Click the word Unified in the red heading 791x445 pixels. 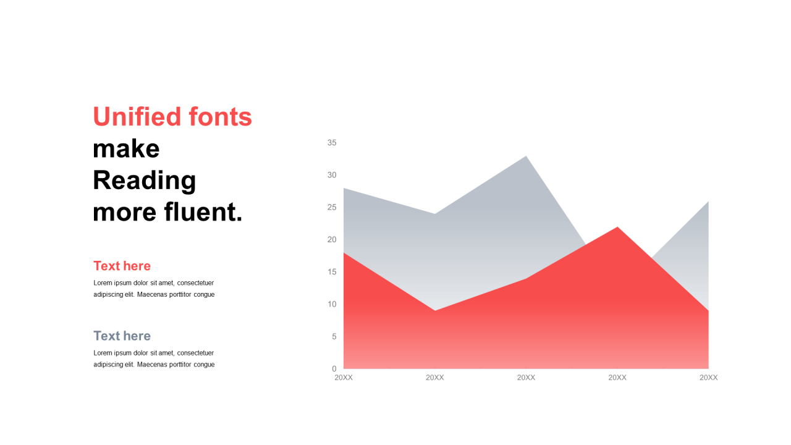pos(137,116)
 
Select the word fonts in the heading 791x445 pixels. pos(221,116)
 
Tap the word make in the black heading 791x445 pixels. pos(126,149)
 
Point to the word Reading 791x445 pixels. pos(145,180)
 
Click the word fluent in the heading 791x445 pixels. pos(203,212)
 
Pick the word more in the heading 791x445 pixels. pos(124,213)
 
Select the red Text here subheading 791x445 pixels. pos(122,266)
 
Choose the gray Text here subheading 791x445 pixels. pos(122,336)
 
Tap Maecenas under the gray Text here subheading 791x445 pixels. pos(152,365)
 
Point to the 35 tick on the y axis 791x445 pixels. pos(332,143)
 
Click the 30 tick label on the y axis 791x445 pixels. pos(332,175)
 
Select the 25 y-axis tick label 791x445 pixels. pos(332,207)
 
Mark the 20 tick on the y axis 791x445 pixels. pos(332,239)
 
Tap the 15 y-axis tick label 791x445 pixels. pos(332,272)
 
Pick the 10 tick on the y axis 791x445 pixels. pos(332,304)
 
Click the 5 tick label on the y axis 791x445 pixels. pos(334,337)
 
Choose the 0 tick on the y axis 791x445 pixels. pos(334,369)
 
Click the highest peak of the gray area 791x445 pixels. pos(526,156)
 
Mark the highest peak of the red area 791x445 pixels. pos(617,227)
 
